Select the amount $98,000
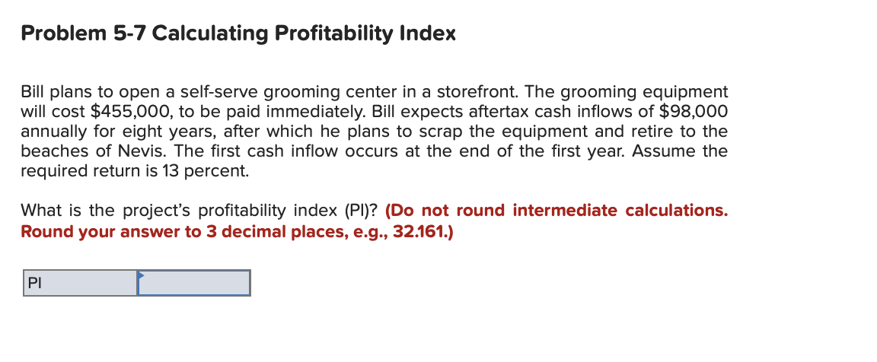[690, 112]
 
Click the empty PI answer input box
[194, 284]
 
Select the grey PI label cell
[80, 284]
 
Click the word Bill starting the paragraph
[34, 92]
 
